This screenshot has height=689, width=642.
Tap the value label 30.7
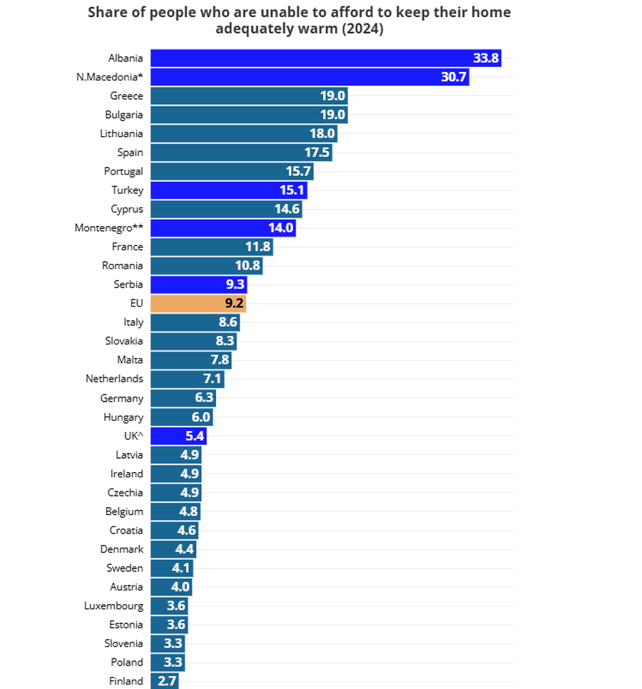pyautogui.click(x=453, y=77)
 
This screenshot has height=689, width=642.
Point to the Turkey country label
pyautogui.click(x=127, y=190)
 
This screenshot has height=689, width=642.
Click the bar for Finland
pyautogui.click(x=164, y=681)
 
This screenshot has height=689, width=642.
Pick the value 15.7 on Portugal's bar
pyautogui.click(x=297, y=171)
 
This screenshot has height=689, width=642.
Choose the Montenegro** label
pyautogui.click(x=108, y=228)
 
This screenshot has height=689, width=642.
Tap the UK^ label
pyautogui.click(x=133, y=436)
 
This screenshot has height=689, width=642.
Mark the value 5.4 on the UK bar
pyautogui.click(x=195, y=436)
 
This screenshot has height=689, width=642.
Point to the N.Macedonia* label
pyautogui.click(x=109, y=77)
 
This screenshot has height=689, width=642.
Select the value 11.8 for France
pyautogui.click(x=258, y=247)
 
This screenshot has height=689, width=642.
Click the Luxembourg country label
pyautogui.click(x=113, y=606)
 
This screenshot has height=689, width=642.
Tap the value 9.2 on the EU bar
pyautogui.click(x=235, y=303)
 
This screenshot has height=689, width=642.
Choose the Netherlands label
pyautogui.click(x=114, y=379)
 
